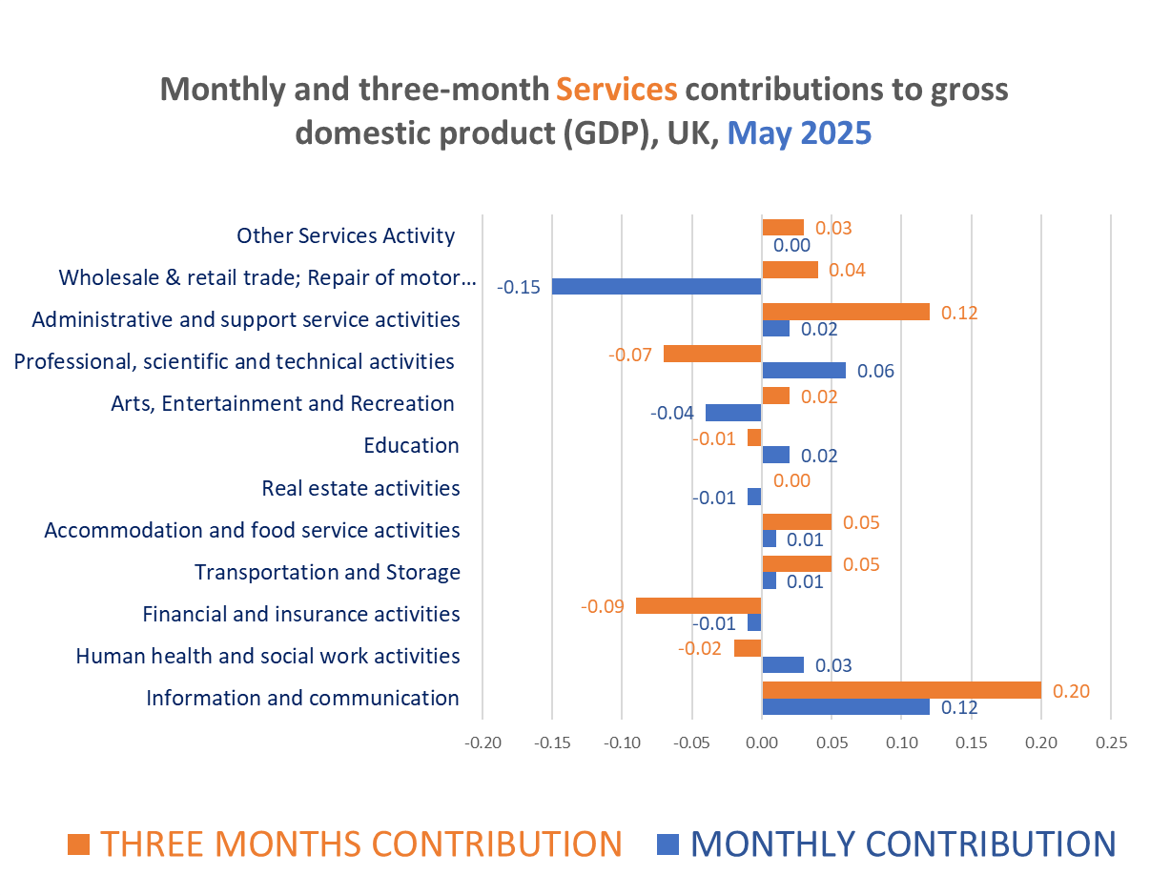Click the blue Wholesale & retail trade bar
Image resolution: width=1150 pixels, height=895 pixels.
[x=656, y=286]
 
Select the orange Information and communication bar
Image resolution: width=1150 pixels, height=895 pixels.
[x=901, y=690]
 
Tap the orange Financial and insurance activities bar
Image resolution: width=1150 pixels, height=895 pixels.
[x=698, y=606]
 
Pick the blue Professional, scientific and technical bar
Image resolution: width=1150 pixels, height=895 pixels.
[x=803, y=371]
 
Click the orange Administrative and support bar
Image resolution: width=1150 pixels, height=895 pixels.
[x=845, y=312]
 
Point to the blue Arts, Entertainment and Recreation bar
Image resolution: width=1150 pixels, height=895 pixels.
[x=732, y=413]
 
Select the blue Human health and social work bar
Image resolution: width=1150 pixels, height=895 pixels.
[x=782, y=665]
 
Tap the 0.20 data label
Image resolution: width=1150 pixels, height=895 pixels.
[x=1071, y=691]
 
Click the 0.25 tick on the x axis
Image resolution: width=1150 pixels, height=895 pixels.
[x=1111, y=743]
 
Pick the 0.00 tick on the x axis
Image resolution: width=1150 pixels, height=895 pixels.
[x=761, y=743]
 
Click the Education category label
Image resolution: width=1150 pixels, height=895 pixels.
[x=411, y=446]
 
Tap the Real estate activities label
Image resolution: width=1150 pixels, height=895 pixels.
[x=360, y=488]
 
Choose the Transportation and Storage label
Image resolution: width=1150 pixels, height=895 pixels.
[x=327, y=572]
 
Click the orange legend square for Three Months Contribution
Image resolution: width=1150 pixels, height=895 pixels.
[x=79, y=844]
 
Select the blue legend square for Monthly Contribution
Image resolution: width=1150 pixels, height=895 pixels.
[x=668, y=844]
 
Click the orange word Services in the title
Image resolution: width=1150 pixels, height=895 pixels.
[x=616, y=90]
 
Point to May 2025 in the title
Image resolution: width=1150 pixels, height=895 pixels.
[x=799, y=132]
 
